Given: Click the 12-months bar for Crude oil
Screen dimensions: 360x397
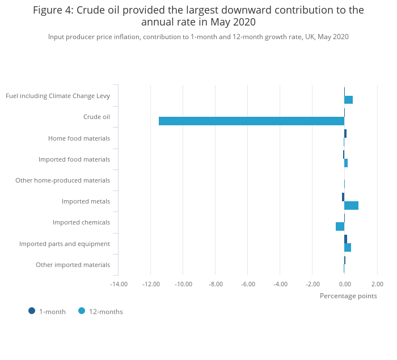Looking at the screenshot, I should click(251, 121).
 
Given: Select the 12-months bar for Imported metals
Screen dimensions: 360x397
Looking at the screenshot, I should click(351, 205).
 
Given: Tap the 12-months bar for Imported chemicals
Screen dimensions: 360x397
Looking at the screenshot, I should click(340, 226).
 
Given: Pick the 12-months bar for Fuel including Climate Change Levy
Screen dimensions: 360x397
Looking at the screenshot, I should click(348, 100).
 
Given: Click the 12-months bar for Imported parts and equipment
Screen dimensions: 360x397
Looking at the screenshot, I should click(348, 247).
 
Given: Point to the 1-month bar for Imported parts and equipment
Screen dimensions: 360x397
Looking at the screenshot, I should click(345, 239).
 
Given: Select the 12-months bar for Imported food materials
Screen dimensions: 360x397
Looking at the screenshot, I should click(346, 163).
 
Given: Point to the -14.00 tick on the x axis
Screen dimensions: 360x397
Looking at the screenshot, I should click(119, 284).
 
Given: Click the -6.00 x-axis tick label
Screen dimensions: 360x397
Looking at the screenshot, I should click(248, 284).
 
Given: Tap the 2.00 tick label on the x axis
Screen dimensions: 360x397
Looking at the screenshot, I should click(377, 284).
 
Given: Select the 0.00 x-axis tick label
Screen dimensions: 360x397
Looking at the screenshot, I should click(345, 284).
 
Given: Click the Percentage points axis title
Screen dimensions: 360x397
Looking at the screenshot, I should click(348, 295).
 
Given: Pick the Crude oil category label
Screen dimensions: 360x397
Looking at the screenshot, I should click(96, 117).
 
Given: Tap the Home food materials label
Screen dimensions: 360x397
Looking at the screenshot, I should click(79, 138).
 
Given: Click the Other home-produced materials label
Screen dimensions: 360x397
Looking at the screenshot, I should click(62, 180).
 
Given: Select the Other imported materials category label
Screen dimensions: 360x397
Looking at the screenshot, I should click(73, 265).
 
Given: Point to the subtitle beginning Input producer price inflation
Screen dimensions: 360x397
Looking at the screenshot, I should click(198, 37).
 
